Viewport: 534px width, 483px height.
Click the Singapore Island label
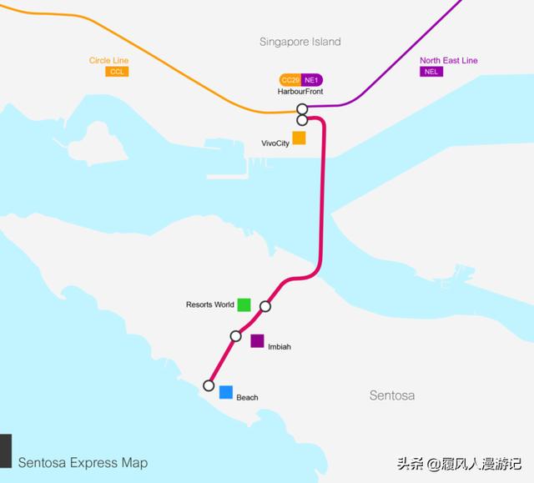[x=300, y=42]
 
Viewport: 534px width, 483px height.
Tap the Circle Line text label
[x=109, y=61]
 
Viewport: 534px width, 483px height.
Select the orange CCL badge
[x=117, y=72]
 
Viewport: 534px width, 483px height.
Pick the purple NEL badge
[x=430, y=72]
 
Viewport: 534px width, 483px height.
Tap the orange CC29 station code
[x=290, y=80]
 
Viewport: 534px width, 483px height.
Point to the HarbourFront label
[x=300, y=92]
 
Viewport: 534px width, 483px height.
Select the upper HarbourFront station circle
[x=302, y=109]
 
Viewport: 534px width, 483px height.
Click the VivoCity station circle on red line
[x=302, y=120]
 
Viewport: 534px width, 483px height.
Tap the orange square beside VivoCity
[x=299, y=138]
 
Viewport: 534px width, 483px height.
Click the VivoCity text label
[x=275, y=143]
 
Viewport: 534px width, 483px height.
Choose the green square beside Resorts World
[x=244, y=304]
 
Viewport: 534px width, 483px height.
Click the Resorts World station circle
[x=265, y=306]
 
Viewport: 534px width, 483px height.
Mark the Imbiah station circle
[x=235, y=336]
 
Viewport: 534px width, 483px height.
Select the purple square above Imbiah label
[x=257, y=340]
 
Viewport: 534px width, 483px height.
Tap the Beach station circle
[x=209, y=385]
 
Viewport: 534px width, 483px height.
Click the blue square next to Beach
[x=225, y=392]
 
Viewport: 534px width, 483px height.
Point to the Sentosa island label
[x=391, y=395]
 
